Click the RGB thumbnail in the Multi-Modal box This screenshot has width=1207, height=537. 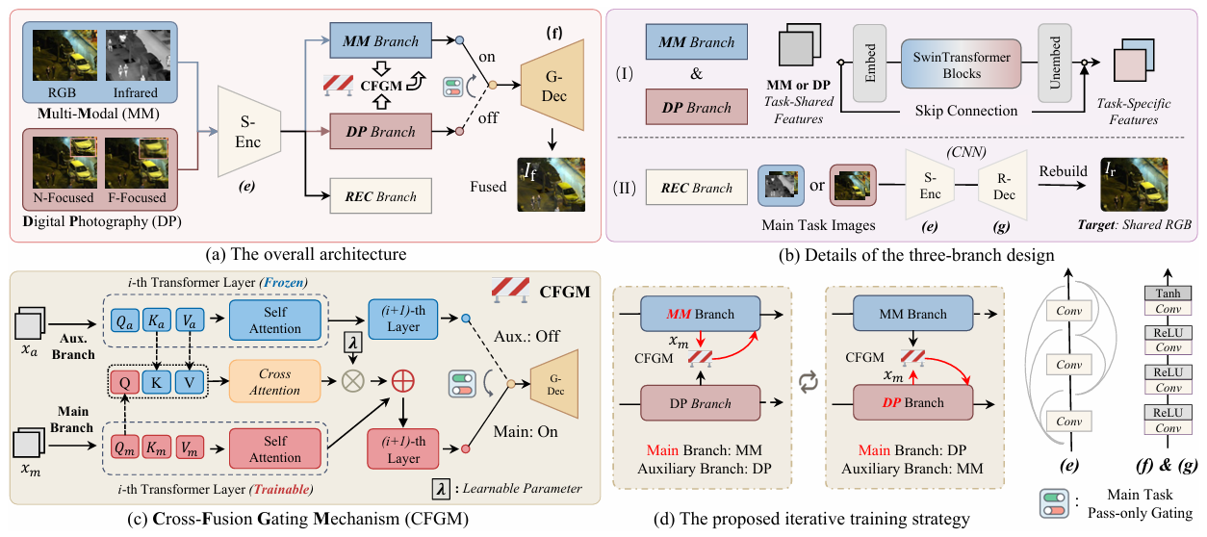[x=64, y=56]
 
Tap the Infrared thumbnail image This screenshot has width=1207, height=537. [x=138, y=56]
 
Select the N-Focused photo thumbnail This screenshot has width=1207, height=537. [x=64, y=162]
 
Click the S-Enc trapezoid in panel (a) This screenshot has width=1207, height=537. [x=249, y=132]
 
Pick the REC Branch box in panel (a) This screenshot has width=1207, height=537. [x=380, y=196]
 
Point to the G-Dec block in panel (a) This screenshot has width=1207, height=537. [x=552, y=85]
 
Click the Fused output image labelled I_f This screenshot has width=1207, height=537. [x=551, y=184]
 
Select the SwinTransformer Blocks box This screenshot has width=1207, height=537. [x=961, y=64]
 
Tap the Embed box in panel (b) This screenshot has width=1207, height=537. [x=869, y=63]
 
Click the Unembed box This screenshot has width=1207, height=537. [x=1055, y=63]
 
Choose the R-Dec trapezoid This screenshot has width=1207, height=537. [x=1003, y=186]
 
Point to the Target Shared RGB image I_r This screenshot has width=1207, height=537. [x=1134, y=184]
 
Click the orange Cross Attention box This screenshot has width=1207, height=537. [x=275, y=381]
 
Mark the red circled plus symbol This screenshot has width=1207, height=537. [x=402, y=381]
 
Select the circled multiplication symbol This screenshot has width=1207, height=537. [x=353, y=381]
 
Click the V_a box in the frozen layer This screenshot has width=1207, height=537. [x=189, y=320]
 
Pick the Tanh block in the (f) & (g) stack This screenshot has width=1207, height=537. [x=1168, y=294]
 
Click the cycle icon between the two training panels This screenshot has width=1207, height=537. [x=809, y=381]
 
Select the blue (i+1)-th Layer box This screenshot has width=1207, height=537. [x=403, y=320]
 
